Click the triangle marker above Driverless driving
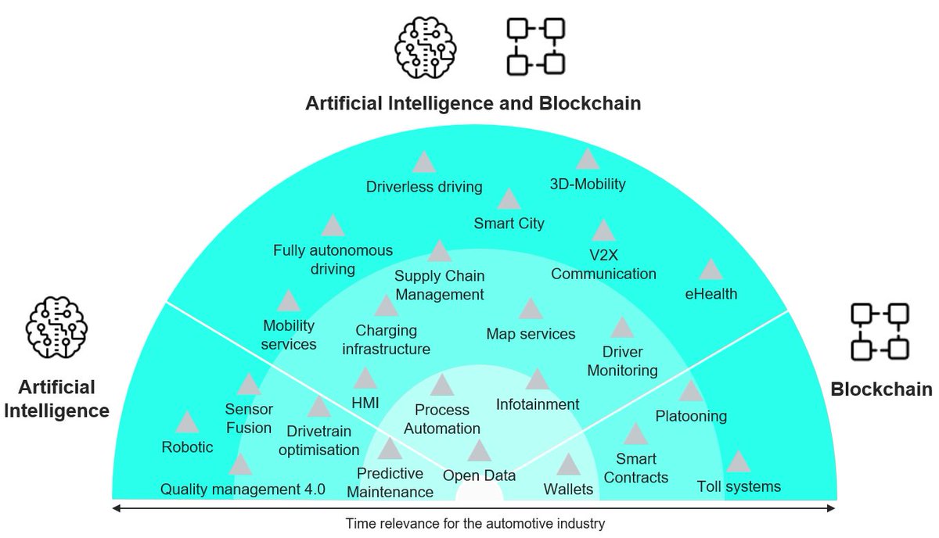coord(424,163)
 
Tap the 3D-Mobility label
coord(588,185)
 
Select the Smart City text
coord(509,224)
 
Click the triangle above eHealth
coord(711,271)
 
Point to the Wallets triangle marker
coord(568,466)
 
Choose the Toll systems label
coord(739,487)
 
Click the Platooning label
coord(691,416)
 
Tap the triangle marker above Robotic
coord(187,423)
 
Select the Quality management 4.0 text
coord(243,490)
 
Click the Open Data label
coord(479,475)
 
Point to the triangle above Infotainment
coord(538,380)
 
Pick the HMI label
coord(365,401)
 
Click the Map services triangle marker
coord(531,310)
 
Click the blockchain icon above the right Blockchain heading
coord(880,332)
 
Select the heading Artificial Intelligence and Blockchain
coord(473,103)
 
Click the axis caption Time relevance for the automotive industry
coord(476,523)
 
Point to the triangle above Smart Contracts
coord(635,435)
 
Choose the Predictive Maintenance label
coord(390,482)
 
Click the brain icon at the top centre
coord(423,46)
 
